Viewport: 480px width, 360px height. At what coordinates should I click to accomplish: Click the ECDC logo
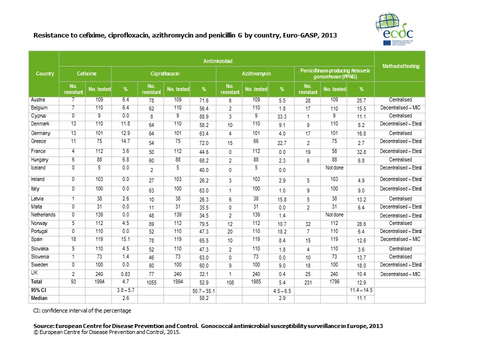point(395,30)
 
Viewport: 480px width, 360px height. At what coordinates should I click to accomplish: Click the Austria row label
point(37,100)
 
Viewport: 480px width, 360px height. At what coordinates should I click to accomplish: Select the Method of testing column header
point(400,66)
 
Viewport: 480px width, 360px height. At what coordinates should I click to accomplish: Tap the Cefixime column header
point(86,74)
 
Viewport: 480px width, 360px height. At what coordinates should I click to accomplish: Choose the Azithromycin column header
point(255,74)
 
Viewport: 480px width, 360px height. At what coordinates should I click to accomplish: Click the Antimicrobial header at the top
point(217,61)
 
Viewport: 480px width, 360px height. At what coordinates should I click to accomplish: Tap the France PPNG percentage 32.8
point(361,151)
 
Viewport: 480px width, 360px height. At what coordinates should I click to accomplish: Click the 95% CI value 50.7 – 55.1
point(203,290)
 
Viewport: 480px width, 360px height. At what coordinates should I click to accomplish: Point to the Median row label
point(39,298)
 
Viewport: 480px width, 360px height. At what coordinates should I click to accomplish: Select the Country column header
point(44,74)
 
